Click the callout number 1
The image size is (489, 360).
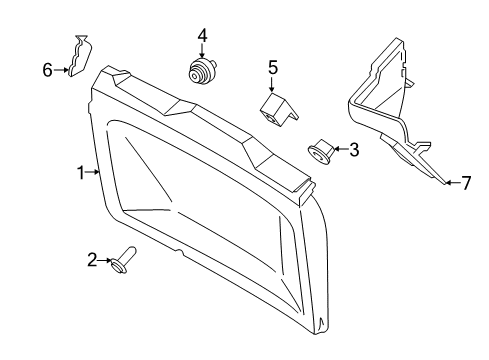pos(81,173)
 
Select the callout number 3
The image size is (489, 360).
pos(354,150)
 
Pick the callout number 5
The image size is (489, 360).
pos(272,68)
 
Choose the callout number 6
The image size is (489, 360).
pos(46,69)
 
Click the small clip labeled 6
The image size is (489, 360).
pos(78,57)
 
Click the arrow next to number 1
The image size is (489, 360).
pos(94,173)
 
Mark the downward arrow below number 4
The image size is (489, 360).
pos(203,52)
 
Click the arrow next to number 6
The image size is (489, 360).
pos(59,69)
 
